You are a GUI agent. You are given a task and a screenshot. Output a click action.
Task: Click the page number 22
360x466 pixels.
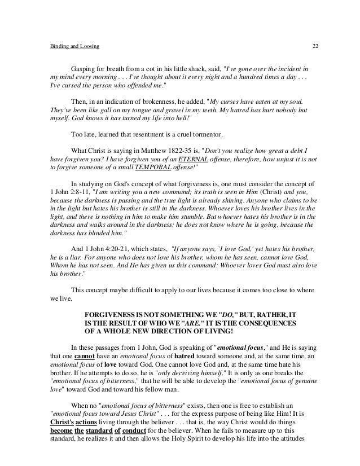[315, 45]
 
